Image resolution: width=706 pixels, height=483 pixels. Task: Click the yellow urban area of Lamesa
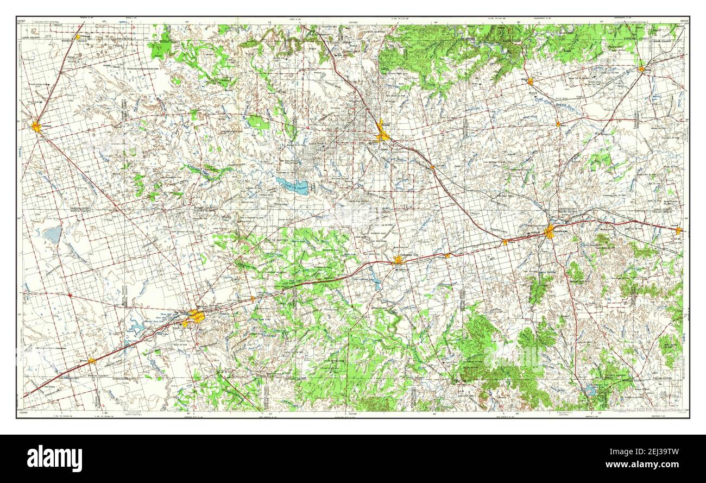pos(36,127)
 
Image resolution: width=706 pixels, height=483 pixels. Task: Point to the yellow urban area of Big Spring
pos(196,316)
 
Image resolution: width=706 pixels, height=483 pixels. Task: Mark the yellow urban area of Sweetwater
pos(549,233)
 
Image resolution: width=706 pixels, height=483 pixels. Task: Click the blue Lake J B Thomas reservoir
pos(292,186)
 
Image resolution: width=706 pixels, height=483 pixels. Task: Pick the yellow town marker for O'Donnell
pos(78,37)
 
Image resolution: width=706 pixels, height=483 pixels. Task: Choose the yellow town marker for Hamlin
pos(641,69)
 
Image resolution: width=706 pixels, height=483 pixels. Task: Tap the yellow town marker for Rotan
pos(530,81)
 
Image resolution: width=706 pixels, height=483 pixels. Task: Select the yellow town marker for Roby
pos(558,124)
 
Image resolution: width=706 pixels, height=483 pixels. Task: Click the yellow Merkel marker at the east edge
pos(678,231)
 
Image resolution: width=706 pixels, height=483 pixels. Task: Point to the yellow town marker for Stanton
pos(91,360)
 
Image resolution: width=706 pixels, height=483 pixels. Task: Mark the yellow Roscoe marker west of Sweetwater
pos(505,242)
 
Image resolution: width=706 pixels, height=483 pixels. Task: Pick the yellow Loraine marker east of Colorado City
pos(446,255)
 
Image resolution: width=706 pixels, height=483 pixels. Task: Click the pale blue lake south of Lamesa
pos(53,235)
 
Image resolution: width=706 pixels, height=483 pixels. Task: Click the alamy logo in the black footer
pos(54,458)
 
